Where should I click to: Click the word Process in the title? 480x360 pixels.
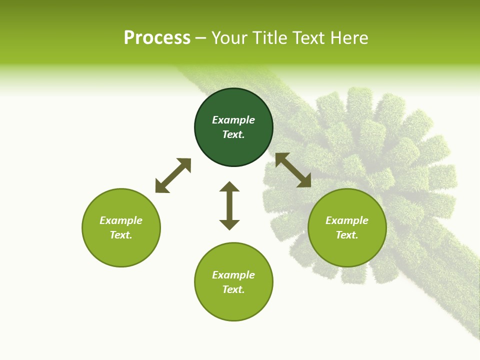tap(157, 38)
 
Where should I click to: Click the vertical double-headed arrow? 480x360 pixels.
tap(229, 205)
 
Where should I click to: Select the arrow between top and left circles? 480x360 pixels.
tap(173, 175)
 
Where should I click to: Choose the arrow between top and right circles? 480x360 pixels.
tap(293, 170)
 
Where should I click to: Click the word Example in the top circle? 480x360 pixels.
tap(233, 120)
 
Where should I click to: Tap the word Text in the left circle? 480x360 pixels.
tap(121, 235)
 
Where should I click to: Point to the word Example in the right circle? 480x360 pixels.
tap(347, 220)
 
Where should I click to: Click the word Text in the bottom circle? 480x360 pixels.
tap(233, 289)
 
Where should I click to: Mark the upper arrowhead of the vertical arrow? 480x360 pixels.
tap(229, 187)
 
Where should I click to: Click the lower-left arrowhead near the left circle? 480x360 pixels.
tap(161, 187)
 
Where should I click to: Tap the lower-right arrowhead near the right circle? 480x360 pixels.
tap(304, 181)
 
